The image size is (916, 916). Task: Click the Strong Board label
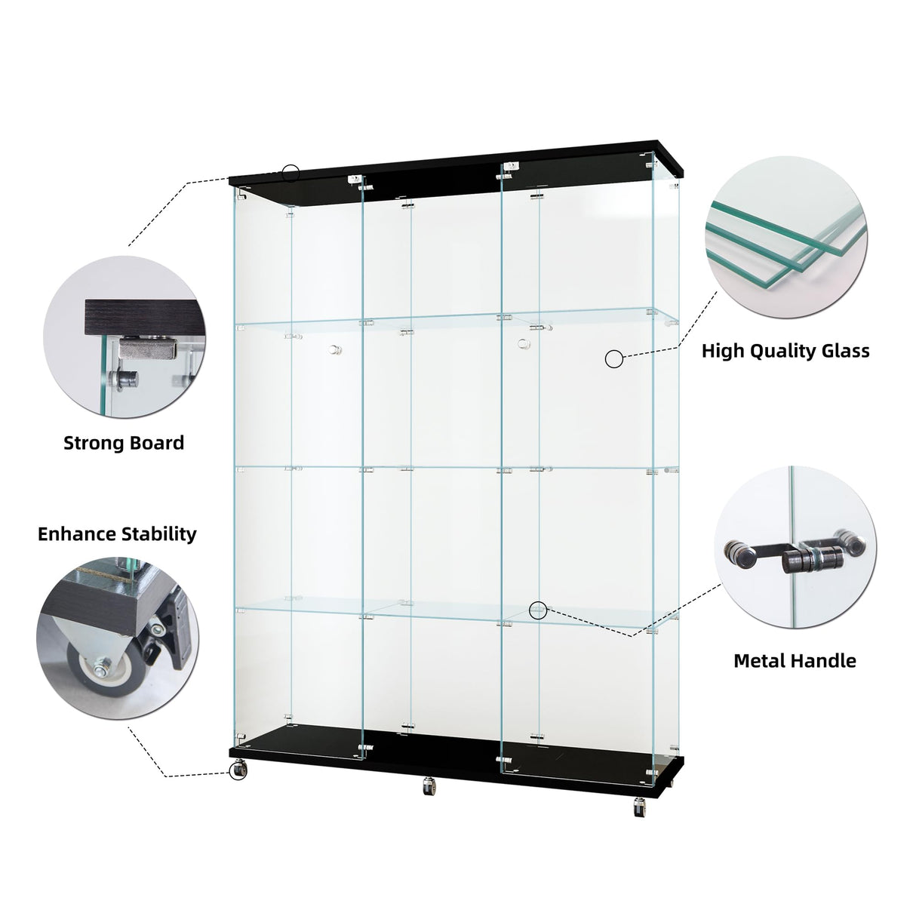pyautogui.click(x=124, y=443)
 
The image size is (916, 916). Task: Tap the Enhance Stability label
pyautogui.click(x=117, y=534)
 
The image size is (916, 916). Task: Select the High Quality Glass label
pyautogui.click(x=785, y=351)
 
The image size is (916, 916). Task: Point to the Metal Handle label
pyautogui.click(x=795, y=662)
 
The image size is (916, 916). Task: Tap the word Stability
pyautogui.click(x=161, y=534)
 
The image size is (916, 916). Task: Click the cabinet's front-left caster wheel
pyautogui.click(x=238, y=770)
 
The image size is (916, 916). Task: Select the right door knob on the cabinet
pyautogui.click(x=522, y=344)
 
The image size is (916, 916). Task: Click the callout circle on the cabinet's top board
pyautogui.click(x=291, y=172)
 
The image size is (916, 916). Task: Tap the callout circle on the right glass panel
pyautogui.click(x=614, y=359)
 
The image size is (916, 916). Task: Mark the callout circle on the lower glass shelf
pyautogui.click(x=538, y=610)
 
